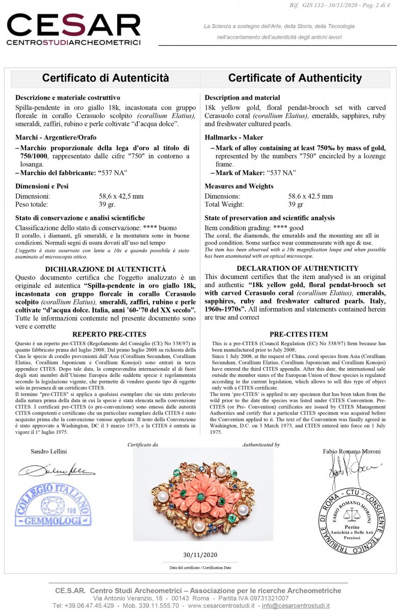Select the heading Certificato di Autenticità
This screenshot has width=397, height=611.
tap(105, 78)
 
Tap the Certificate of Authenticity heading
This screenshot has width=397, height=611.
tap(295, 78)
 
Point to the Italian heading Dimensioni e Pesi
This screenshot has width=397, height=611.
tap(42, 186)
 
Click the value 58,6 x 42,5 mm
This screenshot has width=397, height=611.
tap(121, 196)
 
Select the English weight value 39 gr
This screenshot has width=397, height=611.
tap(296, 204)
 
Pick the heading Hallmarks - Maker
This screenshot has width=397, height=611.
tap(234, 137)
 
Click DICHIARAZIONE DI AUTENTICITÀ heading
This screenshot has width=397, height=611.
tap(105, 268)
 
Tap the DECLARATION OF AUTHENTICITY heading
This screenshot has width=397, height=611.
tap(298, 268)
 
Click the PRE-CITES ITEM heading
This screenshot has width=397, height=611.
tap(299, 335)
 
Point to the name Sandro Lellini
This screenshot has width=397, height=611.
tap(49, 451)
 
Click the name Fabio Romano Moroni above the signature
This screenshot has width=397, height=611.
tap(352, 451)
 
